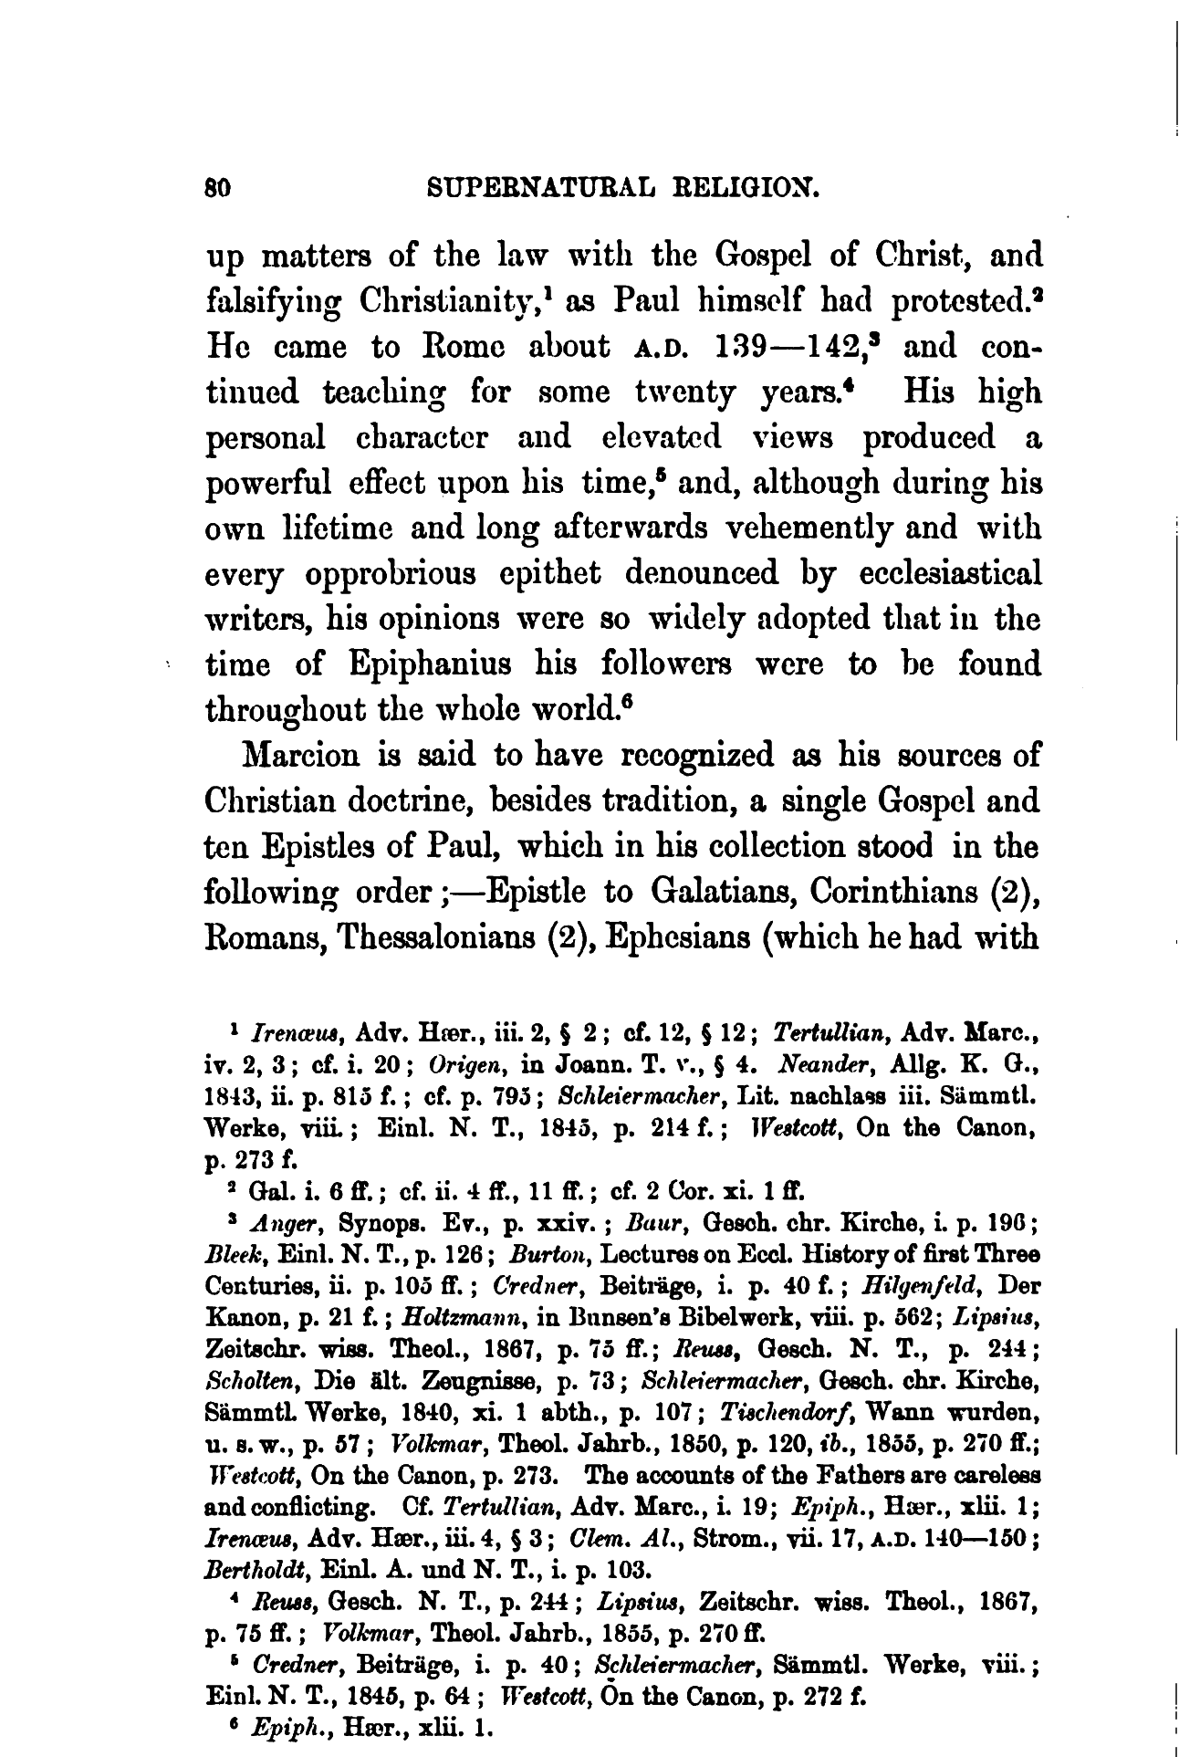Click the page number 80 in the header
click(x=218, y=189)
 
